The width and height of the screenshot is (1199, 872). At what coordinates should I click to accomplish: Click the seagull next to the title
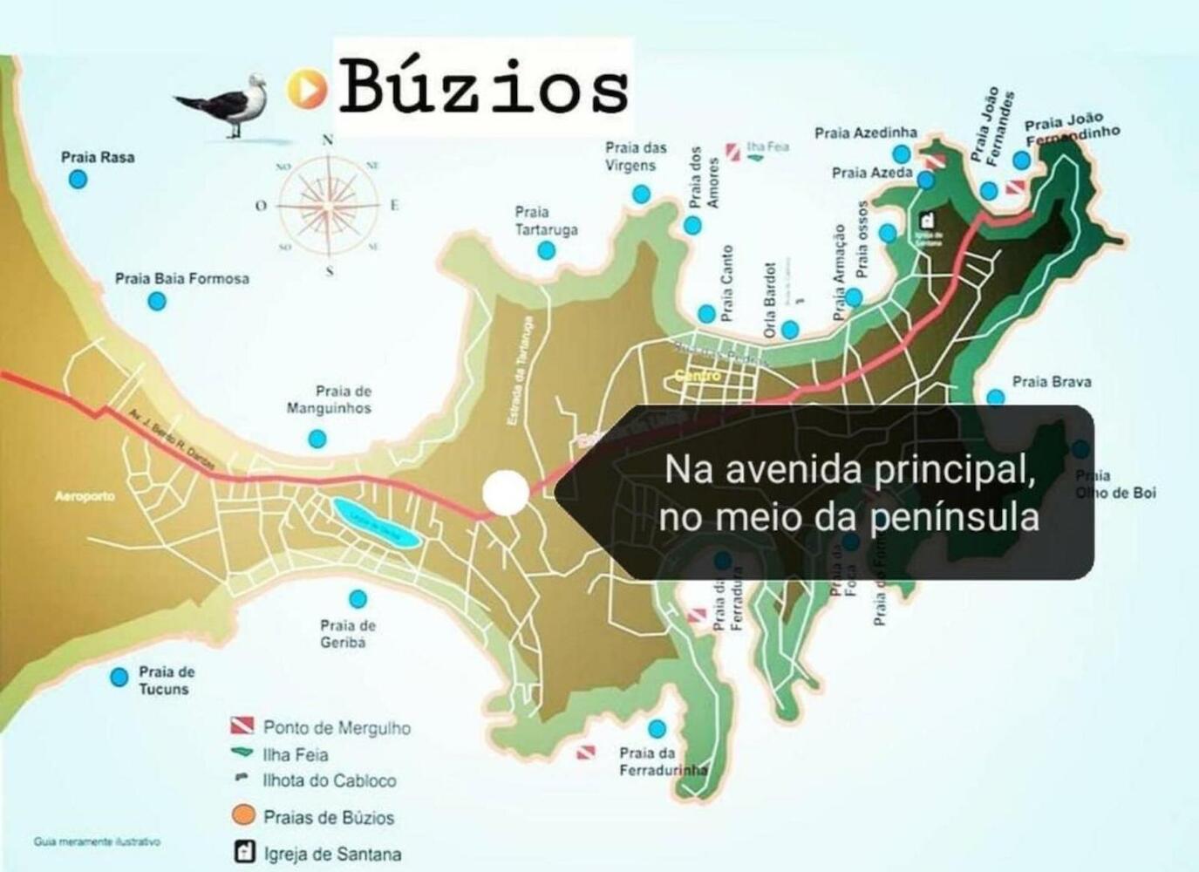[x=228, y=104]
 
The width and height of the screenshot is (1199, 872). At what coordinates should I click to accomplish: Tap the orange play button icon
[x=306, y=88]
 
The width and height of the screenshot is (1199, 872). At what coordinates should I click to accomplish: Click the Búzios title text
[x=483, y=86]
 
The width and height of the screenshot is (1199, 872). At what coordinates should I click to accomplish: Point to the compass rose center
[x=329, y=205]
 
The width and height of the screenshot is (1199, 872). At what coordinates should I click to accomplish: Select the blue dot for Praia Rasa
[x=78, y=180]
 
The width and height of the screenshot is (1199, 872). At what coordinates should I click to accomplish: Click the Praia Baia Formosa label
[x=181, y=279]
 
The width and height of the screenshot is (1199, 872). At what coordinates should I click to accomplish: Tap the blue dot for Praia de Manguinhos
[x=317, y=439]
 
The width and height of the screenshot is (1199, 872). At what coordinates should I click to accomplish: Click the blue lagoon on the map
[x=376, y=522]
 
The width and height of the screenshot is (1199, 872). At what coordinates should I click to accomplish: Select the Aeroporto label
[x=85, y=496]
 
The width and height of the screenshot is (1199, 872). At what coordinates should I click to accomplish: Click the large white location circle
[x=506, y=493]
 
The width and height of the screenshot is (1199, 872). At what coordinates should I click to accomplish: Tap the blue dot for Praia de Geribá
[x=358, y=599]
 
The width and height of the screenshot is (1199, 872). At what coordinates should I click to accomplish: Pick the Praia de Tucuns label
[x=166, y=680]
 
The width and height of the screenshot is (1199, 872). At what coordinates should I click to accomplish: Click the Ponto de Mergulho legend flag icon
[x=242, y=726]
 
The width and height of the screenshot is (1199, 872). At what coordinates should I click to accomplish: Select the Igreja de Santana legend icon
[x=245, y=852]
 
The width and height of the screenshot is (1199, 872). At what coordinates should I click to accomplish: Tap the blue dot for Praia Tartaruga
[x=546, y=251]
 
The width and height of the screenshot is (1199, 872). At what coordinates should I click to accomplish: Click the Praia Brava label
[x=1051, y=382]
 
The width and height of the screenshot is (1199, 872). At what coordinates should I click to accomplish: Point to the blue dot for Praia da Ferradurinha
[x=657, y=728]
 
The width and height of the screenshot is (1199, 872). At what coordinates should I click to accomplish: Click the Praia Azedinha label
[x=865, y=133]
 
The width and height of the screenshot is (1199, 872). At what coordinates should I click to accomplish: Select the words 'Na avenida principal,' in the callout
[x=849, y=470]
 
